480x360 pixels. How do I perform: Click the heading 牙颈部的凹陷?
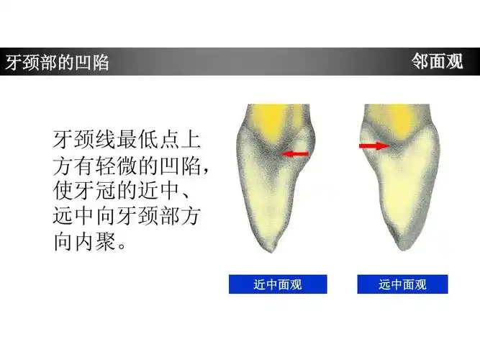(x=57, y=63)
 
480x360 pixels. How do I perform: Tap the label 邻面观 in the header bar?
(x=438, y=62)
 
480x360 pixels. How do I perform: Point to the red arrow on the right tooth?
(x=372, y=145)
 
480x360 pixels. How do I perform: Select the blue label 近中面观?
(x=277, y=284)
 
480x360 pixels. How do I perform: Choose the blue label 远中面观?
(x=402, y=284)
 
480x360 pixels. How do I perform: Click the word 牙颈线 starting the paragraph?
(x=80, y=139)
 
